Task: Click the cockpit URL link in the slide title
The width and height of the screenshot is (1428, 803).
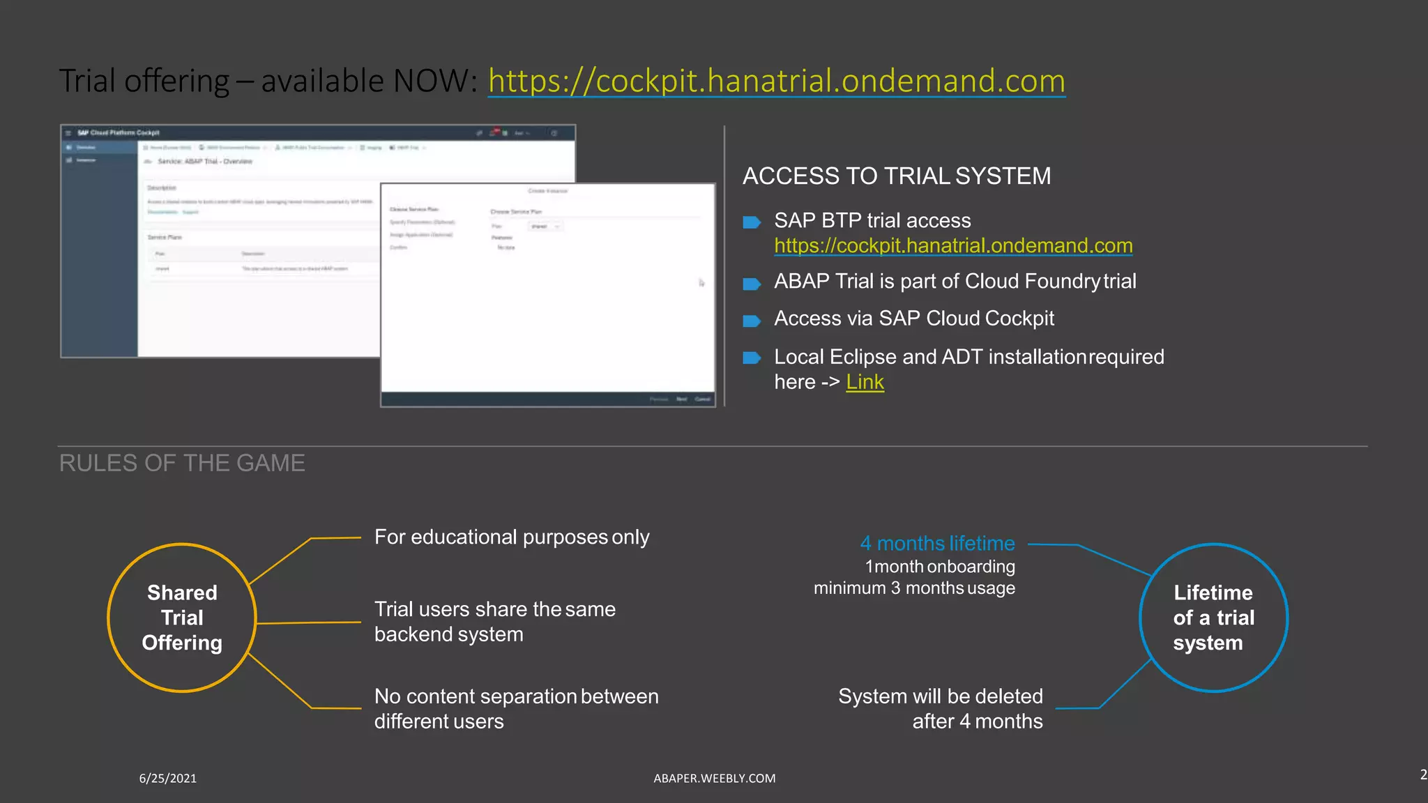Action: [776, 81]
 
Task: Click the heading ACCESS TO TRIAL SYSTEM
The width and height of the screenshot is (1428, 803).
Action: [896, 176]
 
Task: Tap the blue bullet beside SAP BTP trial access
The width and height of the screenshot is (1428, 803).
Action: [751, 222]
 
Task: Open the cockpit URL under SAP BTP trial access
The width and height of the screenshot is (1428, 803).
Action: [953, 245]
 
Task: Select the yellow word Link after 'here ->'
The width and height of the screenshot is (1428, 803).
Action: [865, 382]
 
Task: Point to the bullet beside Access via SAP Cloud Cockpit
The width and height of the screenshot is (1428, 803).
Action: [751, 321]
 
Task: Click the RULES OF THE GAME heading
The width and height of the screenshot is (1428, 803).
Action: [182, 463]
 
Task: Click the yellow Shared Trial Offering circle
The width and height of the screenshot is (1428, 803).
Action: [182, 618]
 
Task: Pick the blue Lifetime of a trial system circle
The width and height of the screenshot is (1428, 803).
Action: [1213, 618]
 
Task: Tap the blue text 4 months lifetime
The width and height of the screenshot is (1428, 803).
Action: [937, 543]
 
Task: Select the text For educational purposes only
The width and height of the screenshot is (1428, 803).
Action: [512, 537]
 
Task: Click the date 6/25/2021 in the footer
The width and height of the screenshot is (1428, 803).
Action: [167, 778]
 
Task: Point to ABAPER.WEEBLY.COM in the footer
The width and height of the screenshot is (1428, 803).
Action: [714, 778]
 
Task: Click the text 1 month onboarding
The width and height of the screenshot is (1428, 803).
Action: [940, 567]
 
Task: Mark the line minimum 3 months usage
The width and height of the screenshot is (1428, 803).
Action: [914, 588]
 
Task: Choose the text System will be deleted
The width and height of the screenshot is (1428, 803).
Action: [940, 696]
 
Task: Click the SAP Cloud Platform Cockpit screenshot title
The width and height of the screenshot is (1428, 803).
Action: [119, 132]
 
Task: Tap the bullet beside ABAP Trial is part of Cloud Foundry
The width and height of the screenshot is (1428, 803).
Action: [751, 284]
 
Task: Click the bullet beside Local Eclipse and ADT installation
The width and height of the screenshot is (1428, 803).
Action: [751, 358]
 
